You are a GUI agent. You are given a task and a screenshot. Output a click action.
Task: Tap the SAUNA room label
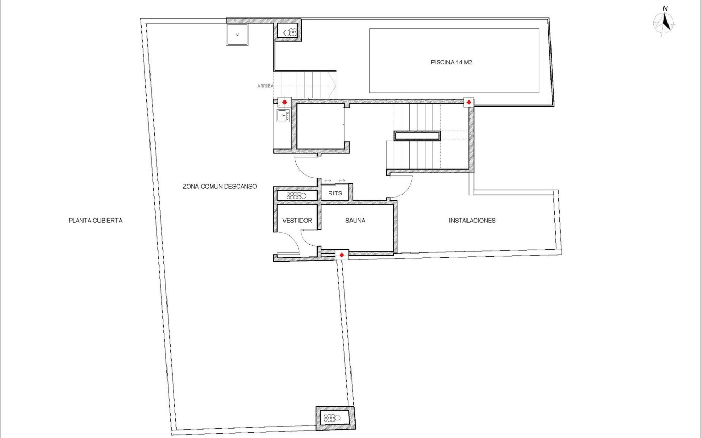pos(355,221)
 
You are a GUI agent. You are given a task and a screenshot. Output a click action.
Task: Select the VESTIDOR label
pos(297,221)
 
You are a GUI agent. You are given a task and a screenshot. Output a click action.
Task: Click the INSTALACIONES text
pos(472,221)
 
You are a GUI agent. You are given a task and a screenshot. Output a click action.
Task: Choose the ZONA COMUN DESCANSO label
pos(220,187)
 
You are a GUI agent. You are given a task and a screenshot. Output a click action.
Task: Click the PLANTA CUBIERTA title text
pos(95,221)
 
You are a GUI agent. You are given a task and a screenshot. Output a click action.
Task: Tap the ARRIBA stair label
pos(265,86)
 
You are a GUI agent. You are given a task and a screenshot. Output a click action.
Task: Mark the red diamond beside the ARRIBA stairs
pos(285,102)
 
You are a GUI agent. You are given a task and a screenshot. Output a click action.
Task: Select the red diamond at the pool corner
pos(469,102)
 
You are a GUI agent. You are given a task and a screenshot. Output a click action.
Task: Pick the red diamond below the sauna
pos(341,255)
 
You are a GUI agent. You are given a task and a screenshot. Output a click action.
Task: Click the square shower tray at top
pos(237,35)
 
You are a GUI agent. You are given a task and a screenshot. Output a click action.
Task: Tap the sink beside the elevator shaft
pos(282,116)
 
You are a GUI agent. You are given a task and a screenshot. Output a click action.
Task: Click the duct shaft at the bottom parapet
pos(336,417)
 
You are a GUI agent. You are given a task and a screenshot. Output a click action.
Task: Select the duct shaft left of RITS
pos(297,195)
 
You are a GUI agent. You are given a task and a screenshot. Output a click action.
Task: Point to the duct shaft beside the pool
pos(288,31)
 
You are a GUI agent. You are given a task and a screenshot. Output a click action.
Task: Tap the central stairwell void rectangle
pos(418,136)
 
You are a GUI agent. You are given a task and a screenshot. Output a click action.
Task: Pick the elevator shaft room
pos(321,126)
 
